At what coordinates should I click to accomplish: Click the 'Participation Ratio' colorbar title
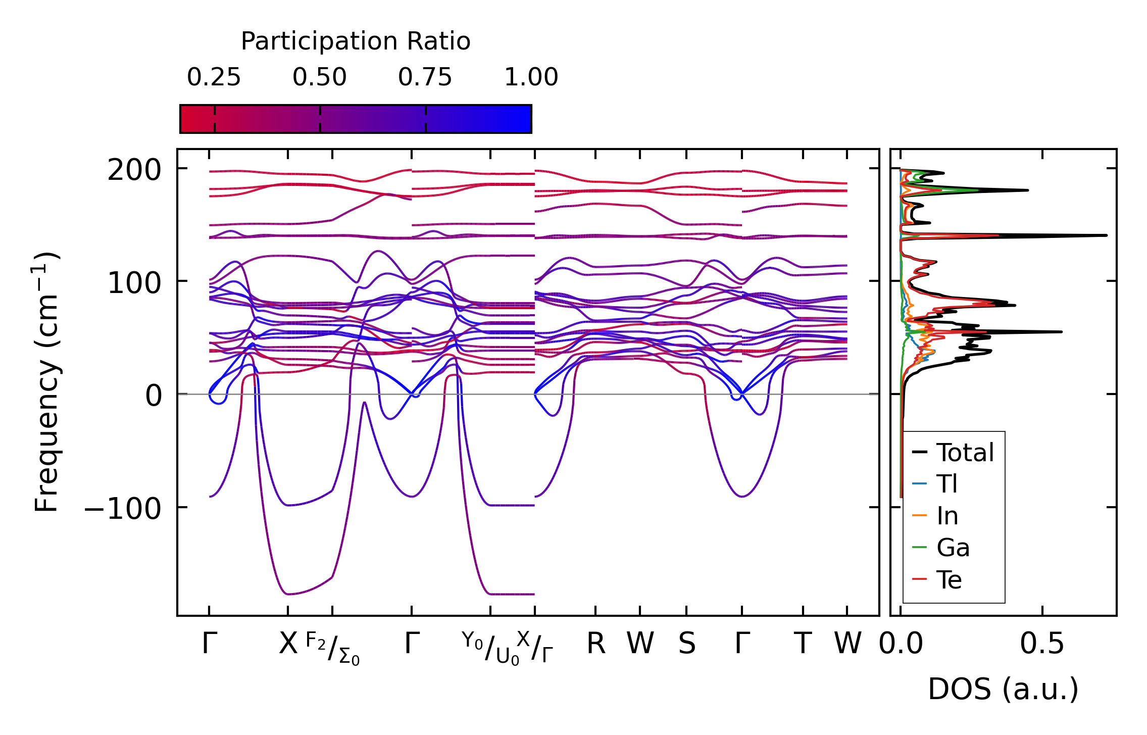tap(356, 41)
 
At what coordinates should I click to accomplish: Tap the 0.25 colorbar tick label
tap(214, 78)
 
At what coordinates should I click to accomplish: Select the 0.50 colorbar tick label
tap(320, 78)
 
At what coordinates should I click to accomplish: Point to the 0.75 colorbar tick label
tap(425, 78)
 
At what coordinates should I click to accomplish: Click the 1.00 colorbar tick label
tap(531, 78)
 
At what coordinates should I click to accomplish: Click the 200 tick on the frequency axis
tap(134, 170)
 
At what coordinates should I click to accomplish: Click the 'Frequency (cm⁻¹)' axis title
tap(46, 382)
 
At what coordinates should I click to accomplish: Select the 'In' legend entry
tap(947, 516)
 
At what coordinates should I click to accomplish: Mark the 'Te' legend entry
tap(949, 580)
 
